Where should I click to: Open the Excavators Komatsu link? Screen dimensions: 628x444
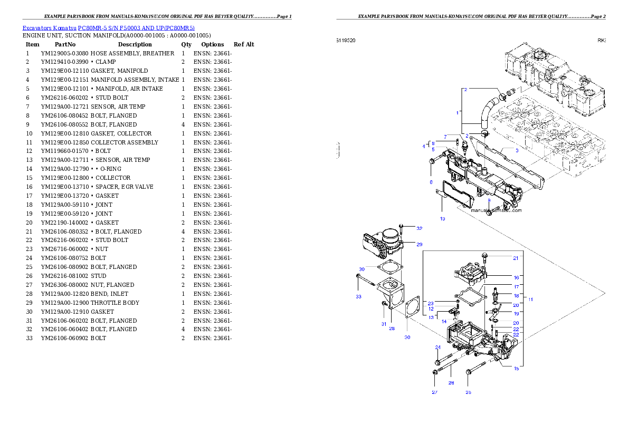[49, 28]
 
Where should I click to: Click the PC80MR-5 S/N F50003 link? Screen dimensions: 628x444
[136, 28]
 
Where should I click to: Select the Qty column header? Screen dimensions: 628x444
[186, 44]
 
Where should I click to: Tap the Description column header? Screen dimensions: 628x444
[135, 44]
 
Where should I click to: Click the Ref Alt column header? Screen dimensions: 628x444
[244, 44]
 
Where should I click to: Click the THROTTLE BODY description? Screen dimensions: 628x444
[115, 303]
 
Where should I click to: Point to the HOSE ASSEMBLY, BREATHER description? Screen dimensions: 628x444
[132, 53]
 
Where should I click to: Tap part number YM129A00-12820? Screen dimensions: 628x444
[65, 294]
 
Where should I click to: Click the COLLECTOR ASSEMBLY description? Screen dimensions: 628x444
[125, 142]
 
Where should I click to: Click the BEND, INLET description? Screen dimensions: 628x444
[109, 294]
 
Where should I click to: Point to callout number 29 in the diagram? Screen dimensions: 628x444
[420, 244]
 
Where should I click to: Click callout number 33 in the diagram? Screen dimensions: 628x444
[358, 297]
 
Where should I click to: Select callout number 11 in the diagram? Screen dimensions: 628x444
[531, 300]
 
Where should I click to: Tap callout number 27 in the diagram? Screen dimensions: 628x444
[434, 392]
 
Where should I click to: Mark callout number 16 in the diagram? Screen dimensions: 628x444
[516, 277]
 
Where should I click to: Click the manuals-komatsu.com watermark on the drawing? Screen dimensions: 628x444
[496, 210]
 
